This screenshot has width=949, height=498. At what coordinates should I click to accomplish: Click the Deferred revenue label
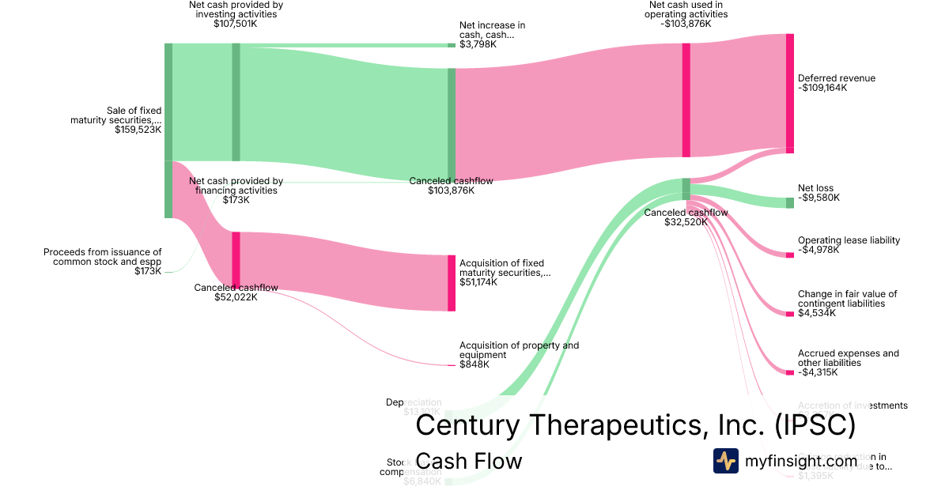tap(837, 78)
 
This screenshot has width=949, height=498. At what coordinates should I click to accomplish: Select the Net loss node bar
tap(789, 203)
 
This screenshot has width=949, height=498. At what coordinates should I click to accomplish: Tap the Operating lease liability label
tap(849, 240)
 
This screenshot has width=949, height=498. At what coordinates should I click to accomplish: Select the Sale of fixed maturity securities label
tap(115, 115)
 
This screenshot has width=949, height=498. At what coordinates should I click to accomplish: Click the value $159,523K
tap(138, 130)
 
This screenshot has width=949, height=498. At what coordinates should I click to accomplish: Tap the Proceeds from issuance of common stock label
tap(102, 256)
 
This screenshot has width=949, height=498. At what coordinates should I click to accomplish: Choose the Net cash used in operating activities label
tap(686, 9)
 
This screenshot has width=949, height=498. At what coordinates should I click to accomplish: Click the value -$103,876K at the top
tap(686, 24)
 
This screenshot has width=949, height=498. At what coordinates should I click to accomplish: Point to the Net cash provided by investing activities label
tap(236, 9)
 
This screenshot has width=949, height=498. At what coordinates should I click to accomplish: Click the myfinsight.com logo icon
tap(726, 461)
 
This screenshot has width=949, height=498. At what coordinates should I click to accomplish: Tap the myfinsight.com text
tap(801, 461)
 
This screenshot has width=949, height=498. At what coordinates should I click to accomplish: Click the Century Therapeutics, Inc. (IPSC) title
tap(635, 425)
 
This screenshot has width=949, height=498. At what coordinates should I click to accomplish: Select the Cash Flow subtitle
tap(468, 461)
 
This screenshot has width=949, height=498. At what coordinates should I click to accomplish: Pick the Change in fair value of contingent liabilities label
tap(847, 299)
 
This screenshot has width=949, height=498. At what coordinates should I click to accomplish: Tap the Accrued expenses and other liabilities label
tap(848, 358)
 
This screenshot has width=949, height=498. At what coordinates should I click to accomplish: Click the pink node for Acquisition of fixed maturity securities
tap(452, 283)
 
